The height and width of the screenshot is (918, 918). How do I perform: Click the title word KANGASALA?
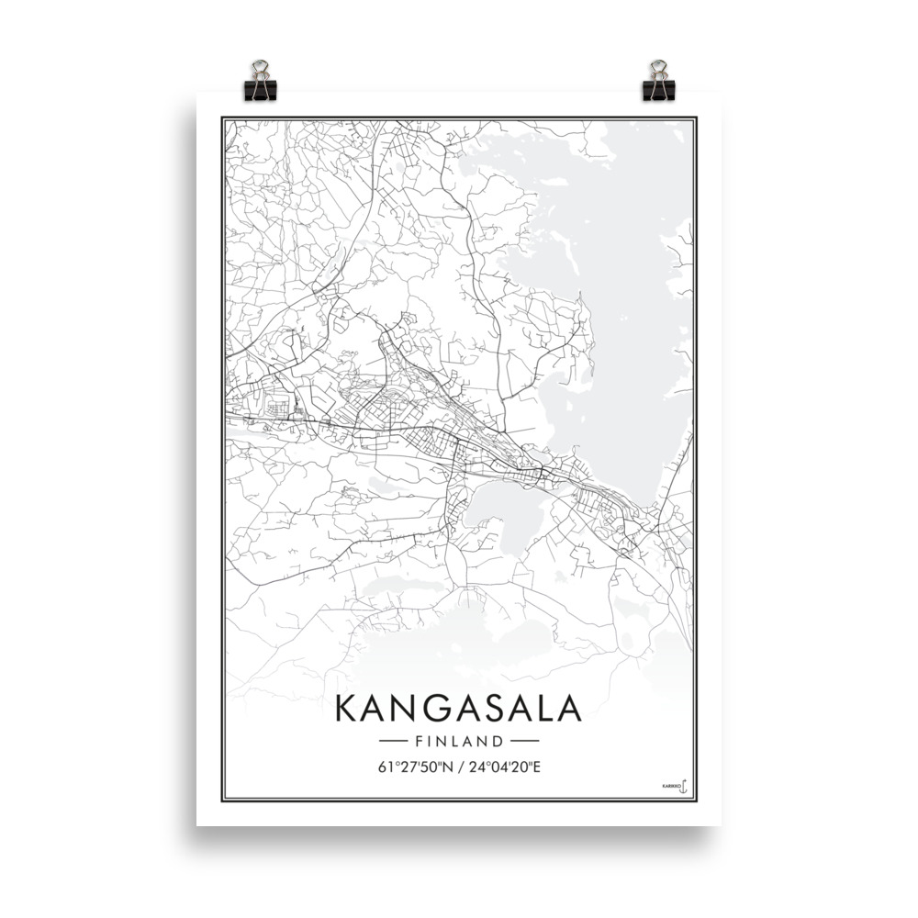click(x=458, y=709)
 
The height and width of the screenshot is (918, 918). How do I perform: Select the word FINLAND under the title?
click(x=459, y=740)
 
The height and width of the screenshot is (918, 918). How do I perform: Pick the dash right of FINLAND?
click(x=523, y=740)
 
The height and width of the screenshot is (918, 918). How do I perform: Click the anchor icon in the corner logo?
click(x=683, y=787)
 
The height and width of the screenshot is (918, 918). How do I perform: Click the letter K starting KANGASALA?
click(x=347, y=709)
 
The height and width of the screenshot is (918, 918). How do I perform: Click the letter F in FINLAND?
click(x=419, y=740)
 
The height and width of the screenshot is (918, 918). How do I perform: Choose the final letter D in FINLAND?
click(x=498, y=740)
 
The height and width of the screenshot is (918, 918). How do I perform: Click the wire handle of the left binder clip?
click(x=259, y=69)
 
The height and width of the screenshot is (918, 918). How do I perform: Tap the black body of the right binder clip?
click(x=657, y=90)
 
